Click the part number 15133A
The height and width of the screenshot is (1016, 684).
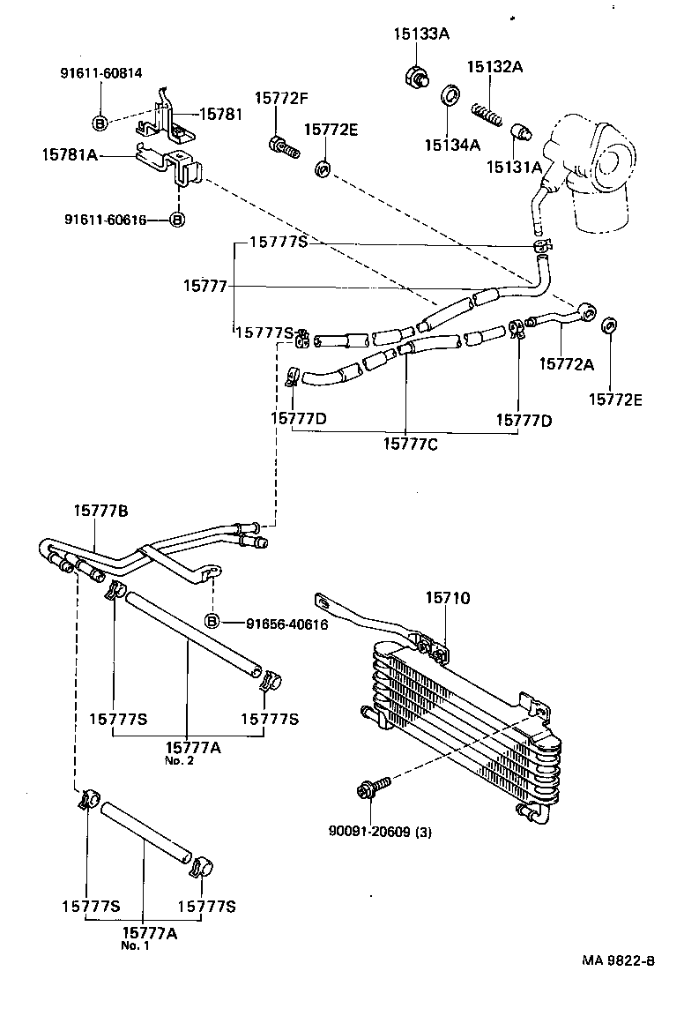(x=421, y=34)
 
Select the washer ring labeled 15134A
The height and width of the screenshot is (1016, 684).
(x=449, y=94)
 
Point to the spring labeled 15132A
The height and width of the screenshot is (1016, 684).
(x=486, y=113)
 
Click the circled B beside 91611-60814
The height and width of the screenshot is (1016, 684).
(x=100, y=123)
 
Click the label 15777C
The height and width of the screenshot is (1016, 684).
(x=410, y=442)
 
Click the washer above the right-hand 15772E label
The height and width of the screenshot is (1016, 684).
(x=608, y=328)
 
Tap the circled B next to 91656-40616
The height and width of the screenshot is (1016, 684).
(x=212, y=622)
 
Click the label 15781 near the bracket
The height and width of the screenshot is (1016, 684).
(x=220, y=114)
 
